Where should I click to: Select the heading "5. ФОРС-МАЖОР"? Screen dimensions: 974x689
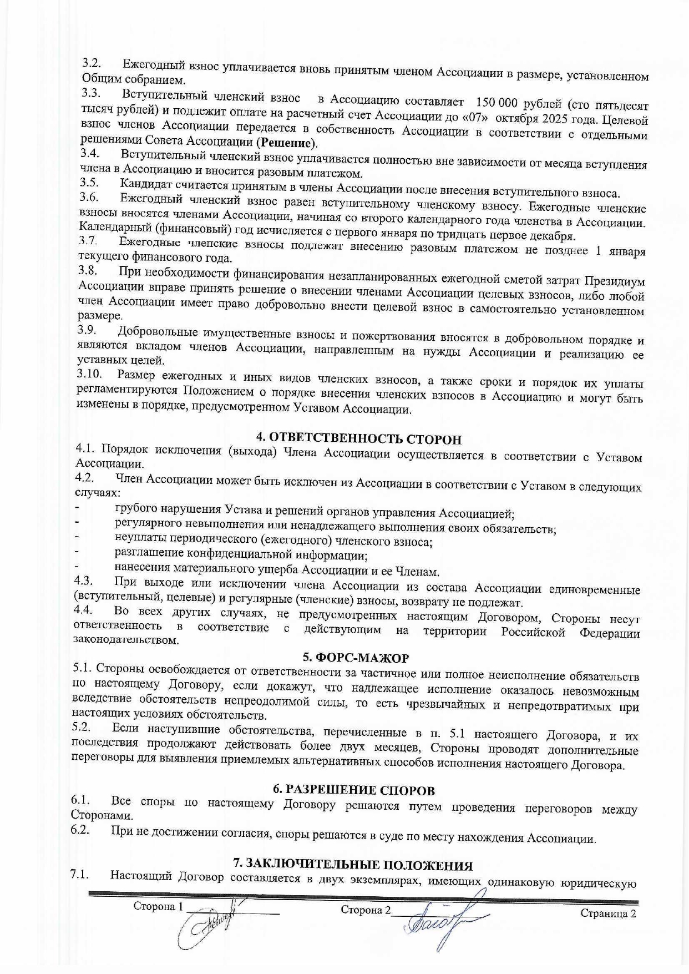[x=356, y=658]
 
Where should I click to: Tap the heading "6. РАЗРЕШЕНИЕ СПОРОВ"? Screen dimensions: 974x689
[x=354, y=790]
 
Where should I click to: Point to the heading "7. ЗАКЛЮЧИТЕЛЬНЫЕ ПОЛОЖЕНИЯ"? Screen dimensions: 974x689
[x=353, y=865]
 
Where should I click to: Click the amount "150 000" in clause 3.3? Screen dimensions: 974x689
[x=496, y=103]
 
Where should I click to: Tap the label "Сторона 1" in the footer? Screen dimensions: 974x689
[x=158, y=906]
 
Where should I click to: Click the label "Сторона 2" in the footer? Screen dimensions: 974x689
[x=365, y=910]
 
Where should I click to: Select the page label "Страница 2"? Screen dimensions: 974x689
[x=608, y=914]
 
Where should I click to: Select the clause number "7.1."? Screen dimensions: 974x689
[x=80, y=875]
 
